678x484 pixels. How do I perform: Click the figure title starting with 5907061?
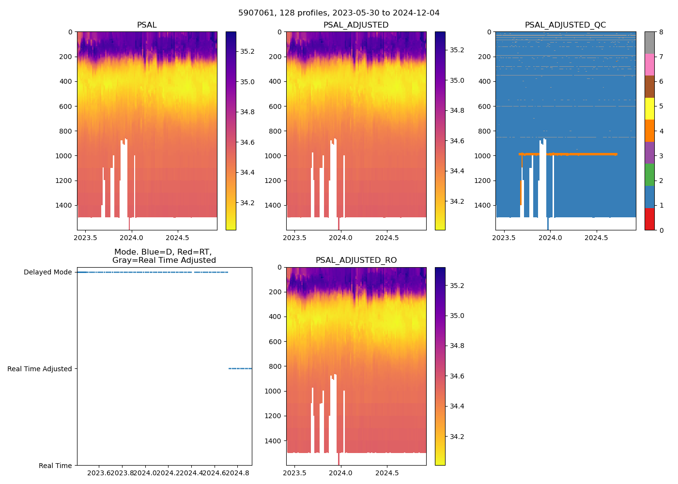click(339, 13)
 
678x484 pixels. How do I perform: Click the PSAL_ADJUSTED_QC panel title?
click(565, 25)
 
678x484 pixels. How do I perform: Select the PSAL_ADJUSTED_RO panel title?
click(356, 260)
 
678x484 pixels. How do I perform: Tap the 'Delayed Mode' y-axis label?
click(48, 272)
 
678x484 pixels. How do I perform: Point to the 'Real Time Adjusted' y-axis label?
click(40, 369)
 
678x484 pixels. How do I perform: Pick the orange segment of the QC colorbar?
click(649, 131)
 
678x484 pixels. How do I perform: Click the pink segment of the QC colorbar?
click(649, 64)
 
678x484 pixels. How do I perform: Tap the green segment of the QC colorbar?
click(649, 175)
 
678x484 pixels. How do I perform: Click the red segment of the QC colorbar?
click(649, 219)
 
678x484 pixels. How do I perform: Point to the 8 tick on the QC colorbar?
click(661, 32)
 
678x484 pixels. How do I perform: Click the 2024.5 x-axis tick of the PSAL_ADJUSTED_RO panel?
click(387, 473)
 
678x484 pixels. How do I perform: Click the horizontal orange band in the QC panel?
click(581, 154)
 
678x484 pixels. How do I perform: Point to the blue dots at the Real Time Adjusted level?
click(240, 369)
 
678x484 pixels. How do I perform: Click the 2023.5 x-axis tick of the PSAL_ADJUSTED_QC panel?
click(504, 238)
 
